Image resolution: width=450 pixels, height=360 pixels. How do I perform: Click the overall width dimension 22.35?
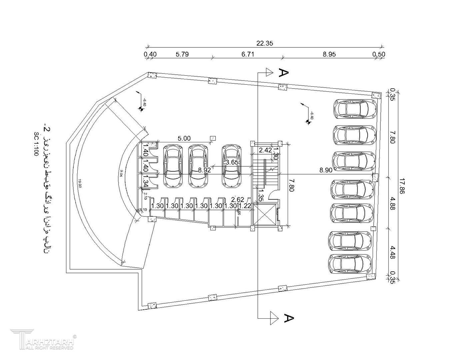(265, 43)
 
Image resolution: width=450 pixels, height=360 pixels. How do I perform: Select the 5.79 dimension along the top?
(182, 54)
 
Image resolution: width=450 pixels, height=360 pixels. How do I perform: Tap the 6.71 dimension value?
(248, 54)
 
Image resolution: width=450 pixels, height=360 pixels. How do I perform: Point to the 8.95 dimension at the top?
(329, 54)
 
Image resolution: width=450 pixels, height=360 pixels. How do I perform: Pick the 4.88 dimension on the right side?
(392, 203)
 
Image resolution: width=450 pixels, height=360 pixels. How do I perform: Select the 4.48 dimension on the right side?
(392, 252)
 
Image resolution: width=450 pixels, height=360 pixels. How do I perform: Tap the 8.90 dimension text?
(326, 170)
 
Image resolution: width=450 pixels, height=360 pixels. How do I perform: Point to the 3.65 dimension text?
(232, 163)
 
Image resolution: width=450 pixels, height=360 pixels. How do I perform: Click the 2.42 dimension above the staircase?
(265, 150)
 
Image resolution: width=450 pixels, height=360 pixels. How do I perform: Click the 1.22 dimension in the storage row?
(245, 206)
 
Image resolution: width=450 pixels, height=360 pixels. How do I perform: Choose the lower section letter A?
(288, 318)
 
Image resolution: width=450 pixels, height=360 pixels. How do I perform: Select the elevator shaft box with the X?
(265, 215)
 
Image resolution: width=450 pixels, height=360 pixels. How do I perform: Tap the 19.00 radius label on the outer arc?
(79, 184)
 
